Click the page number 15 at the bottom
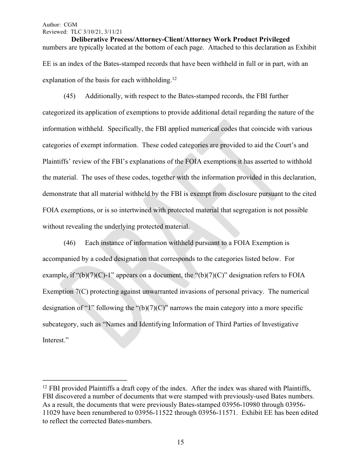[x=180, y=442]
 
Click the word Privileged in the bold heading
[x=269, y=39]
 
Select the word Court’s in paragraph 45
[x=284, y=145]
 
